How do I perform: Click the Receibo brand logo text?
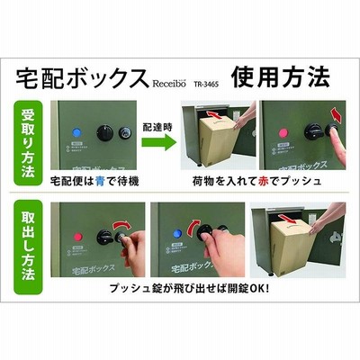(169, 83)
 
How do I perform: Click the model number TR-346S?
(207, 85)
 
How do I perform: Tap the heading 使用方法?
(280, 76)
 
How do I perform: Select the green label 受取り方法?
(28, 143)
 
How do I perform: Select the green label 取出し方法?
(28, 247)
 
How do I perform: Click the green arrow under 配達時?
(158, 143)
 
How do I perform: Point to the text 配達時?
(157, 127)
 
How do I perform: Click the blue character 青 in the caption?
(100, 181)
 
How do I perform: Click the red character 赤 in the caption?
(263, 181)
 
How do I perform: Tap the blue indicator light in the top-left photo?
(77, 132)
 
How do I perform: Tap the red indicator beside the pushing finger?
(283, 132)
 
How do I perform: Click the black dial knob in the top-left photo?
(104, 133)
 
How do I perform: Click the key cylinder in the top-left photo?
(124, 132)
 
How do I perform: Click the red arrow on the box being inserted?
(214, 114)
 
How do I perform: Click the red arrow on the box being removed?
(286, 218)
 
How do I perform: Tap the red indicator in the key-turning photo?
(78, 237)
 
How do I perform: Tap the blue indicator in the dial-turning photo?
(177, 233)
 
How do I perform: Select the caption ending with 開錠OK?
(189, 289)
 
